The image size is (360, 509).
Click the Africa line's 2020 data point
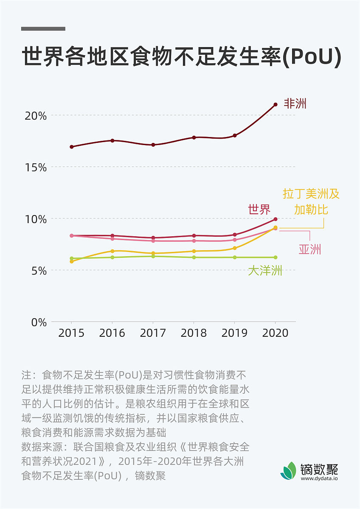point(275,104)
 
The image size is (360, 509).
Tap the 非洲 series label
point(295,103)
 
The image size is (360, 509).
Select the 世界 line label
point(259,209)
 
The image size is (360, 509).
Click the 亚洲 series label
point(310,249)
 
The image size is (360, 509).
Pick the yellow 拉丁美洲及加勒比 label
point(311,201)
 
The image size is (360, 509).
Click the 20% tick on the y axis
point(35,116)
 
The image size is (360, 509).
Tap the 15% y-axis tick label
point(35,168)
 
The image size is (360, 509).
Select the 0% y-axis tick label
point(38,322)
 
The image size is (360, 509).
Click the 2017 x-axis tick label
point(153,333)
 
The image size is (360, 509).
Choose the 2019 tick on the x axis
point(234,333)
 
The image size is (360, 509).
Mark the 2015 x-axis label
point(71,333)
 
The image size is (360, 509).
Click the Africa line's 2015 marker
point(72,147)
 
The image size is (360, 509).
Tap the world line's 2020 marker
point(275,219)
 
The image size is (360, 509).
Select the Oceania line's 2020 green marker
point(275,257)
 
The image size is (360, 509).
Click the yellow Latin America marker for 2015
point(72,262)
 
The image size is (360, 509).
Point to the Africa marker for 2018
point(194,137)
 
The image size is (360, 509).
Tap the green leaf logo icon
point(288,471)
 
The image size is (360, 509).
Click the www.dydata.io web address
point(319,478)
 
